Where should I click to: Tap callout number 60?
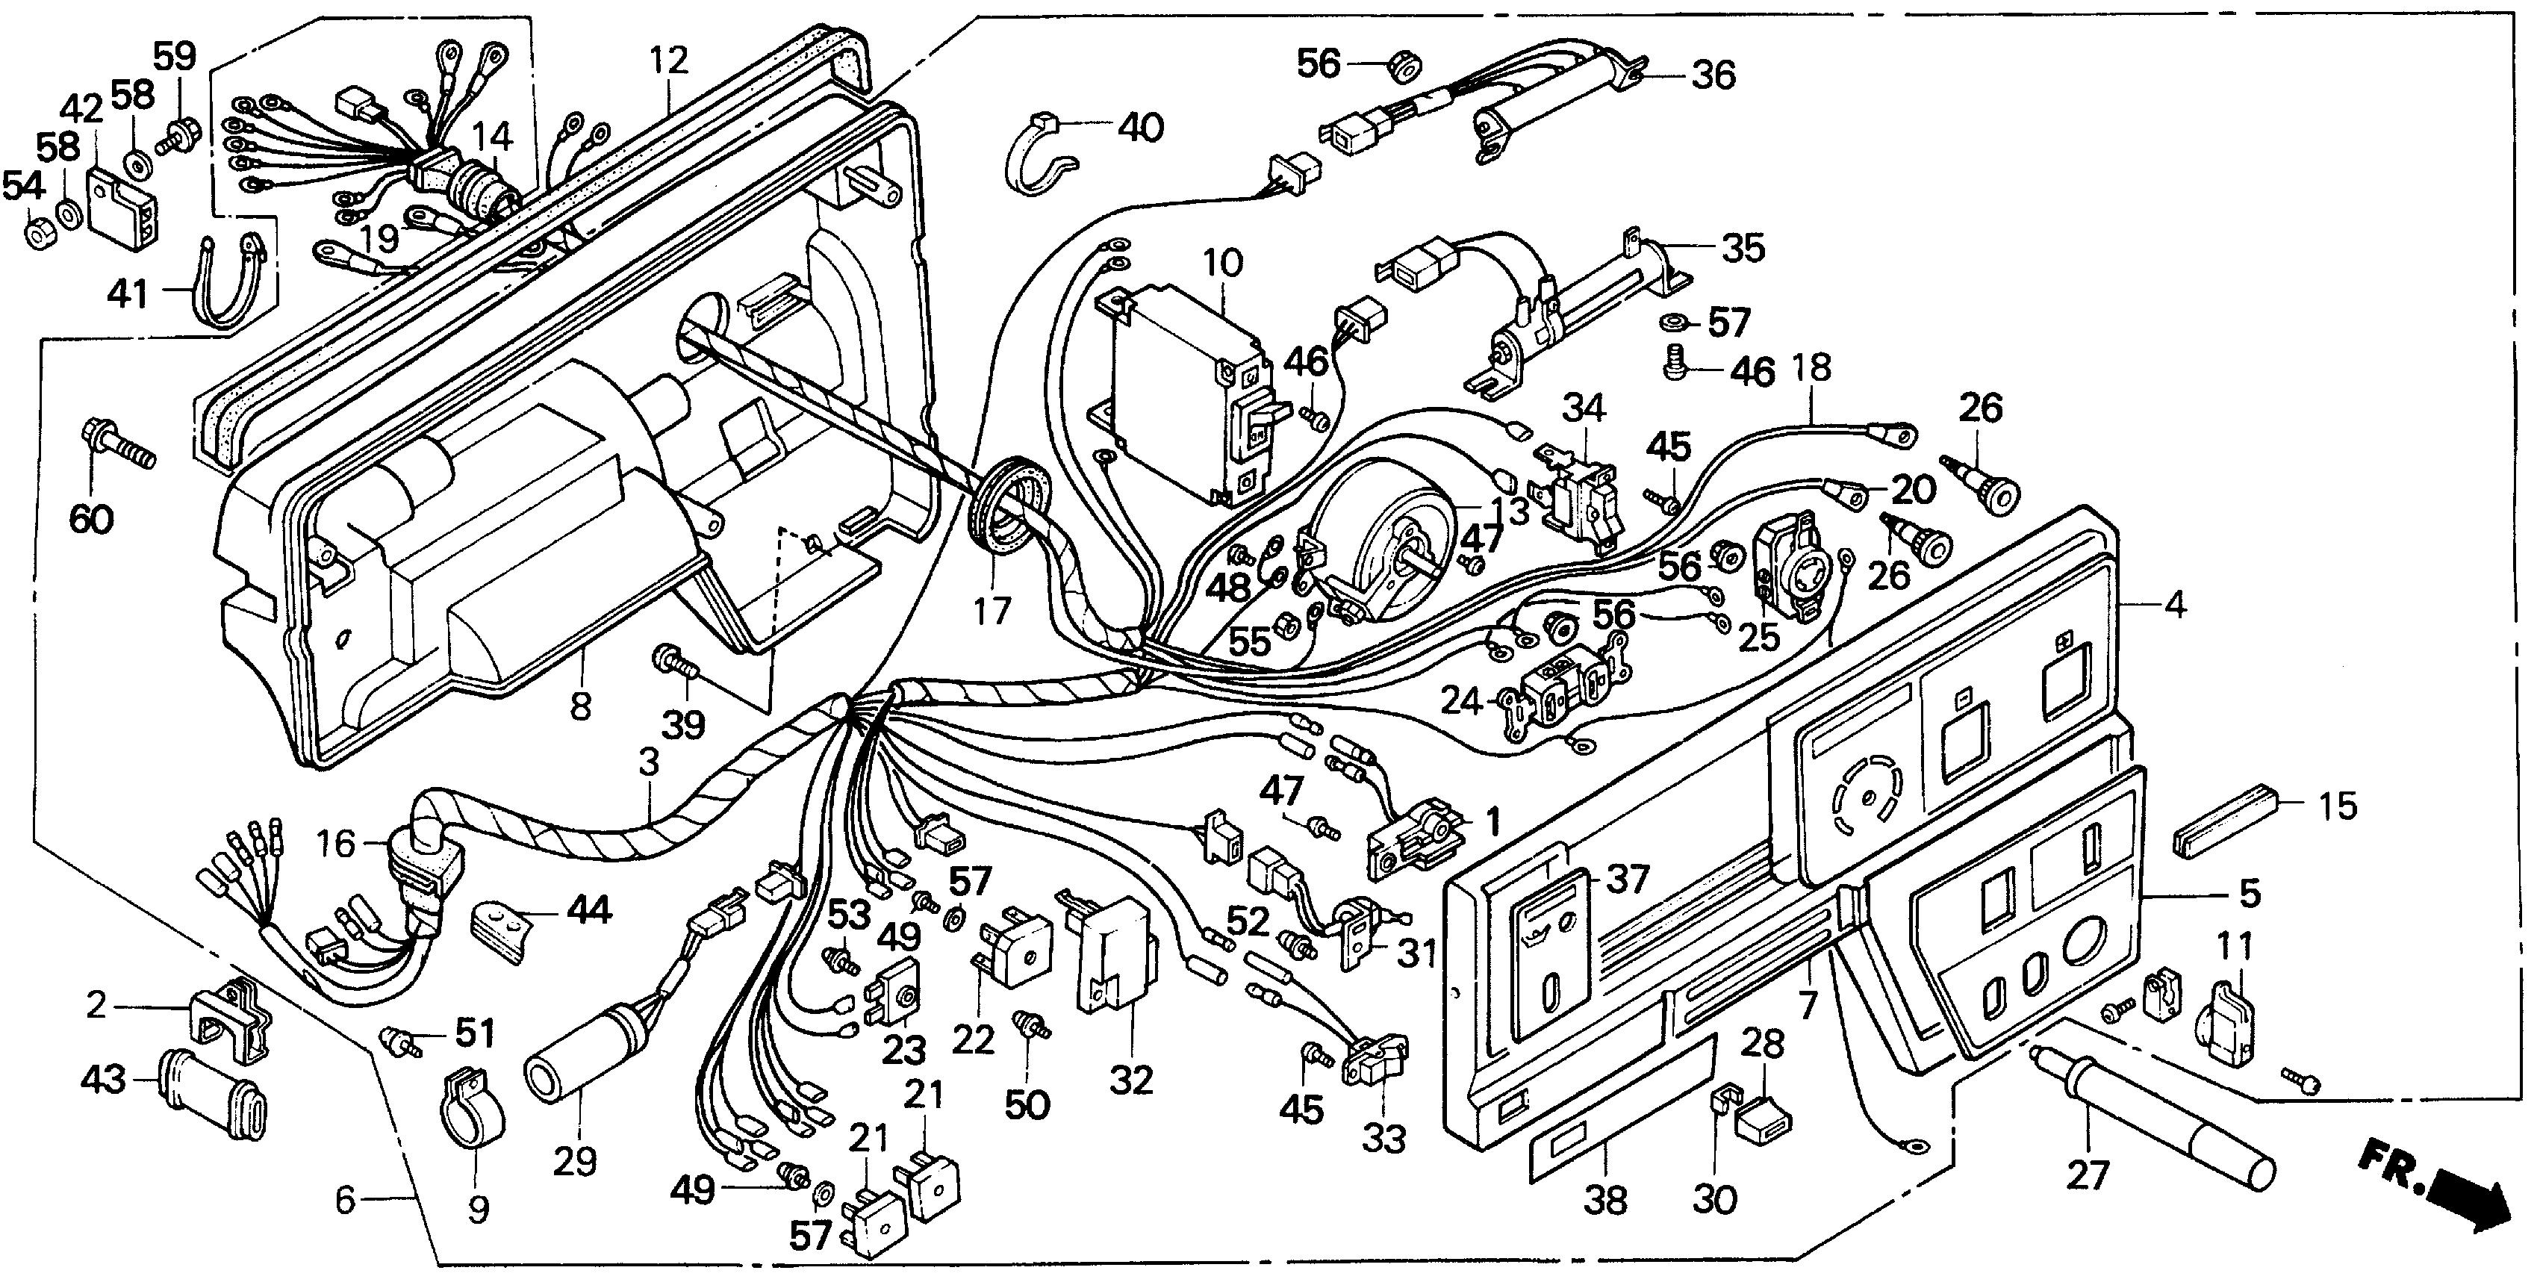pos(91,517)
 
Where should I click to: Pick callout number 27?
pos(2088,1175)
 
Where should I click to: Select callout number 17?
pos(992,611)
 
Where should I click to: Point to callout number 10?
pos(1223,264)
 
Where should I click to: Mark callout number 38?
pos(1604,1200)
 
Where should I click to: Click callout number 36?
pos(1713,75)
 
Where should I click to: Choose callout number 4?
pos(2174,603)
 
